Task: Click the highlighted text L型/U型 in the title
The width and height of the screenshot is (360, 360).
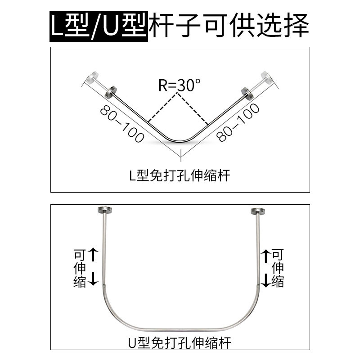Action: pyautogui.click(x=98, y=26)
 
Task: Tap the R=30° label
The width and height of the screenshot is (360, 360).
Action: pyautogui.click(x=179, y=85)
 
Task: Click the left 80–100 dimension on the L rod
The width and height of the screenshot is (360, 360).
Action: pyautogui.click(x=122, y=124)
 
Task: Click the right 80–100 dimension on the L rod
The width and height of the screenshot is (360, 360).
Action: pyautogui.click(x=238, y=122)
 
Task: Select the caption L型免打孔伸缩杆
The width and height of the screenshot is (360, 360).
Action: pyautogui.click(x=180, y=175)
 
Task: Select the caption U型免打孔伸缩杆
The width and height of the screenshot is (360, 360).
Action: pyautogui.click(x=180, y=344)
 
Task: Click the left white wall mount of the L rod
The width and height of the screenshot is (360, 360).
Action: pyautogui.click(x=93, y=77)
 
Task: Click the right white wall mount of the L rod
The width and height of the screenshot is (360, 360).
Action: pyautogui.click(x=266, y=77)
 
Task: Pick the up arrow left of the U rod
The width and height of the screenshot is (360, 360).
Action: pyautogui.click(x=93, y=255)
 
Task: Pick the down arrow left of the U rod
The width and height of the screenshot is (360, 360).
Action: pyautogui.click(x=93, y=279)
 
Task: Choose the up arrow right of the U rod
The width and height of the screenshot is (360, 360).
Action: pyautogui.click(x=267, y=255)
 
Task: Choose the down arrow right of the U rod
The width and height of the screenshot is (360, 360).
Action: pyautogui.click(x=267, y=279)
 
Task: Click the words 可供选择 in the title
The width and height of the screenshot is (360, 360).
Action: pyautogui.click(x=257, y=26)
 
